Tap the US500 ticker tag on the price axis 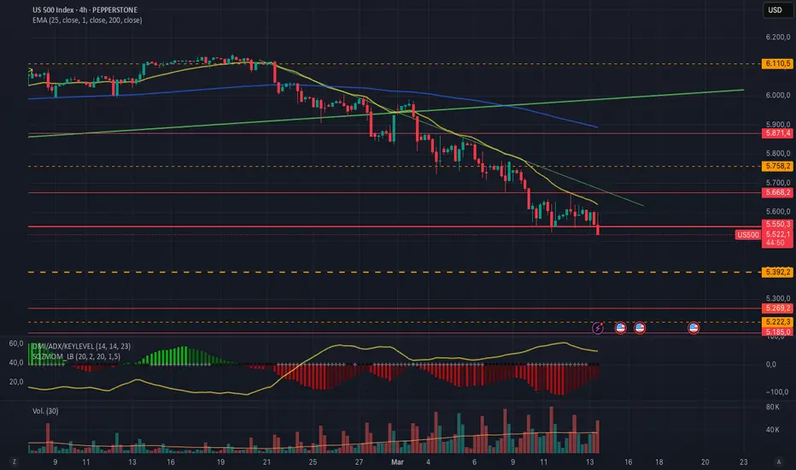pyautogui.click(x=748, y=234)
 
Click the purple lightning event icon pyautogui.click(x=599, y=327)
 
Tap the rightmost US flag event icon pyautogui.click(x=694, y=327)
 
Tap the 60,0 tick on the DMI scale pyautogui.click(x=15, y=344)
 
